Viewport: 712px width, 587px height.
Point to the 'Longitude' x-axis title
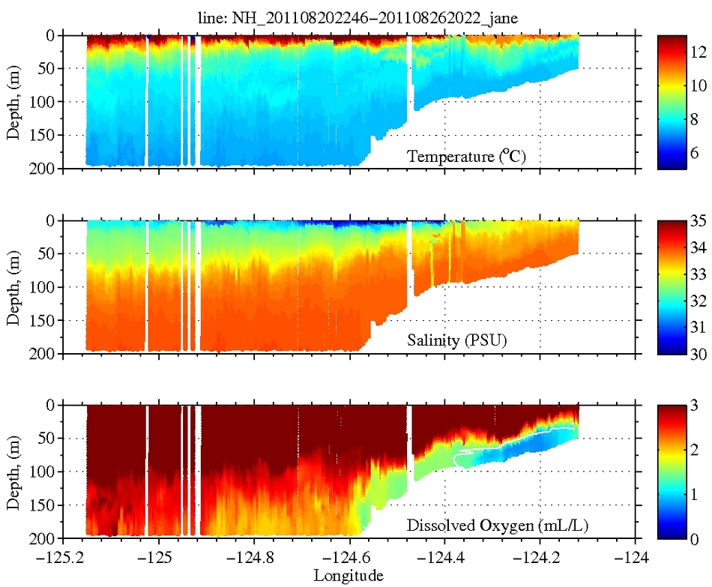coord(349,576)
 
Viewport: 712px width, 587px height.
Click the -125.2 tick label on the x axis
coord(62,559)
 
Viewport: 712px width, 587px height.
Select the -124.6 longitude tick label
coord(349,559)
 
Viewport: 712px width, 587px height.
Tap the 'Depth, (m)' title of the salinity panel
coord(13,287)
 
